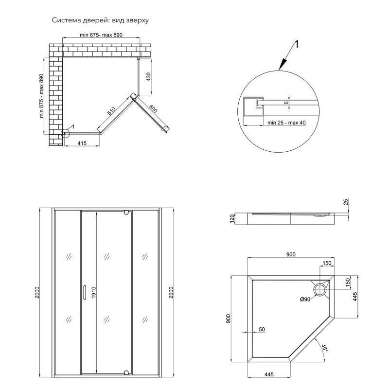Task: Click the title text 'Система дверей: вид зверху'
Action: [x=100, y=20]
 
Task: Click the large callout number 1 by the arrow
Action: [x=297, y=45]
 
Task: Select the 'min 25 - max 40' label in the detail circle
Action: [x=286, y=123]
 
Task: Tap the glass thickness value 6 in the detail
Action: [x=287, y=102]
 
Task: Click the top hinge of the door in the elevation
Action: [x=126, y=212]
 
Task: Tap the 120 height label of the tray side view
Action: [x=232, y=219]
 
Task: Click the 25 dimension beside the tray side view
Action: [x=346, y=202]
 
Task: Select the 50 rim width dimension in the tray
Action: [x=262, y=329]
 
